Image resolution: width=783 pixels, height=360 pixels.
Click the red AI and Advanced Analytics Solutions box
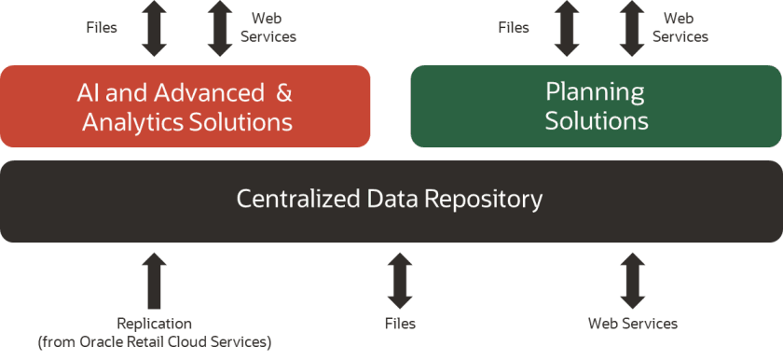pyautogui.click(x=186, y=105)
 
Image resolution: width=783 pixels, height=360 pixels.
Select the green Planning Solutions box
pyautogui.click(x=597, y=105)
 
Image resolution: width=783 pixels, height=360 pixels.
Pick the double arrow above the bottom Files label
pyautogui.click(x=400, y=280)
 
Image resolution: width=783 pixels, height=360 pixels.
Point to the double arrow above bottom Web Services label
pyautogui.click(x=632, y=280)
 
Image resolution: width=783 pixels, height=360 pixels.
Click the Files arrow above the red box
pyautogui.click(x=155, y=27)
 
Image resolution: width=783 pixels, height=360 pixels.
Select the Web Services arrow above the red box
pyautogui.click(x=220, y=27)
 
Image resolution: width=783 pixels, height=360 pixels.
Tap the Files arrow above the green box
pyautogui.click(x=567, y=27)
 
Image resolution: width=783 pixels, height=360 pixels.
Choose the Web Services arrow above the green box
pyautogui.click(x=632, y=27)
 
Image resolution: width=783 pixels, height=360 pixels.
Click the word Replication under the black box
pyautogui.click(x=154, y=324)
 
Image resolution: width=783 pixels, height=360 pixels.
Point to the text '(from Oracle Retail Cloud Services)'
pyautogui.click(x=154, y=341)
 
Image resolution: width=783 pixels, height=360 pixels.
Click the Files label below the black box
pyautogui.click(x=400, y=324)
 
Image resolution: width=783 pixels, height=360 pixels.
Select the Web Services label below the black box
pyautogui.click(x=632, y=324)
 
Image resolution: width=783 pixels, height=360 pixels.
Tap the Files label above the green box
pyautogui.click(x=514, y=27)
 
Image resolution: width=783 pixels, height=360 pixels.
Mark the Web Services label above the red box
pyautogui.click(x=268, y=27)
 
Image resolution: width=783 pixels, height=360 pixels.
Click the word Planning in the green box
pyautogui.click(x=595, y=91)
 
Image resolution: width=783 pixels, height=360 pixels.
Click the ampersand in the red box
pyautogui.click(x=284, y=92)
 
